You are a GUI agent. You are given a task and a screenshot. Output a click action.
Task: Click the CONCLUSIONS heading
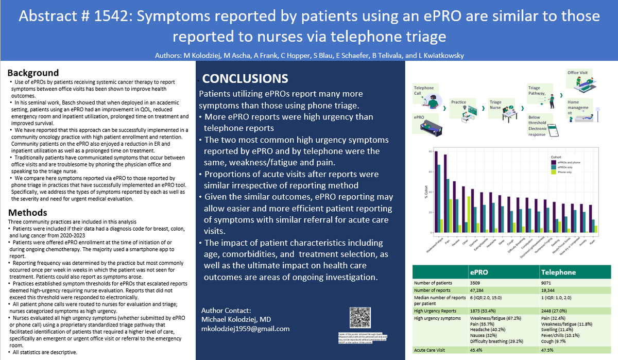[x=245, y=79]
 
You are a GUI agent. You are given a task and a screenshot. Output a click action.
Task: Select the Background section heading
[x=33, y=73]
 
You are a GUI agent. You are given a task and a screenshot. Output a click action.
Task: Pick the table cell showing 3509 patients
[x=477, y=282]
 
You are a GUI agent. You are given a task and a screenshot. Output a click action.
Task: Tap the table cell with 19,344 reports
[x=550, y=290]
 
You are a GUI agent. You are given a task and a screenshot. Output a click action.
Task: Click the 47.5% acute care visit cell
[x=547, y=350]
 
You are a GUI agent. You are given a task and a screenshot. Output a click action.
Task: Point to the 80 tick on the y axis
[x=428, y=152]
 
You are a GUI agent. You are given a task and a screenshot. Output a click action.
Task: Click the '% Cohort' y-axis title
[x=418, y=193]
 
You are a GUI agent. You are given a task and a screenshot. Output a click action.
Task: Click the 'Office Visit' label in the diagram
[x=577, y=73]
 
